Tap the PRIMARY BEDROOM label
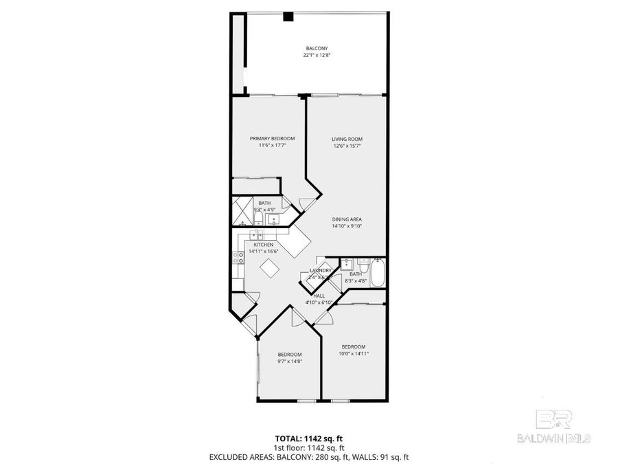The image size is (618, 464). (267, 138)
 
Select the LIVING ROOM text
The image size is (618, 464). (346, 138)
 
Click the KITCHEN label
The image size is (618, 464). (264, 245)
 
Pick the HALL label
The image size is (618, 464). (319, 296)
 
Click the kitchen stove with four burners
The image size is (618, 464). (238, 258)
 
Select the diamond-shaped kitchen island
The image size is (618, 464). (271, 269)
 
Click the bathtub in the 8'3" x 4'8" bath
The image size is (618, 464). (378, 273)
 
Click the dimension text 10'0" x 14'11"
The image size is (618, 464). (354, 353)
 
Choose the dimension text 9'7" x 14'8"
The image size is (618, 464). (290, 361)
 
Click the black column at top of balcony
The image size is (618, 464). (289, 16)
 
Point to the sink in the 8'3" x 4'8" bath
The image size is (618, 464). (347, 263)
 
